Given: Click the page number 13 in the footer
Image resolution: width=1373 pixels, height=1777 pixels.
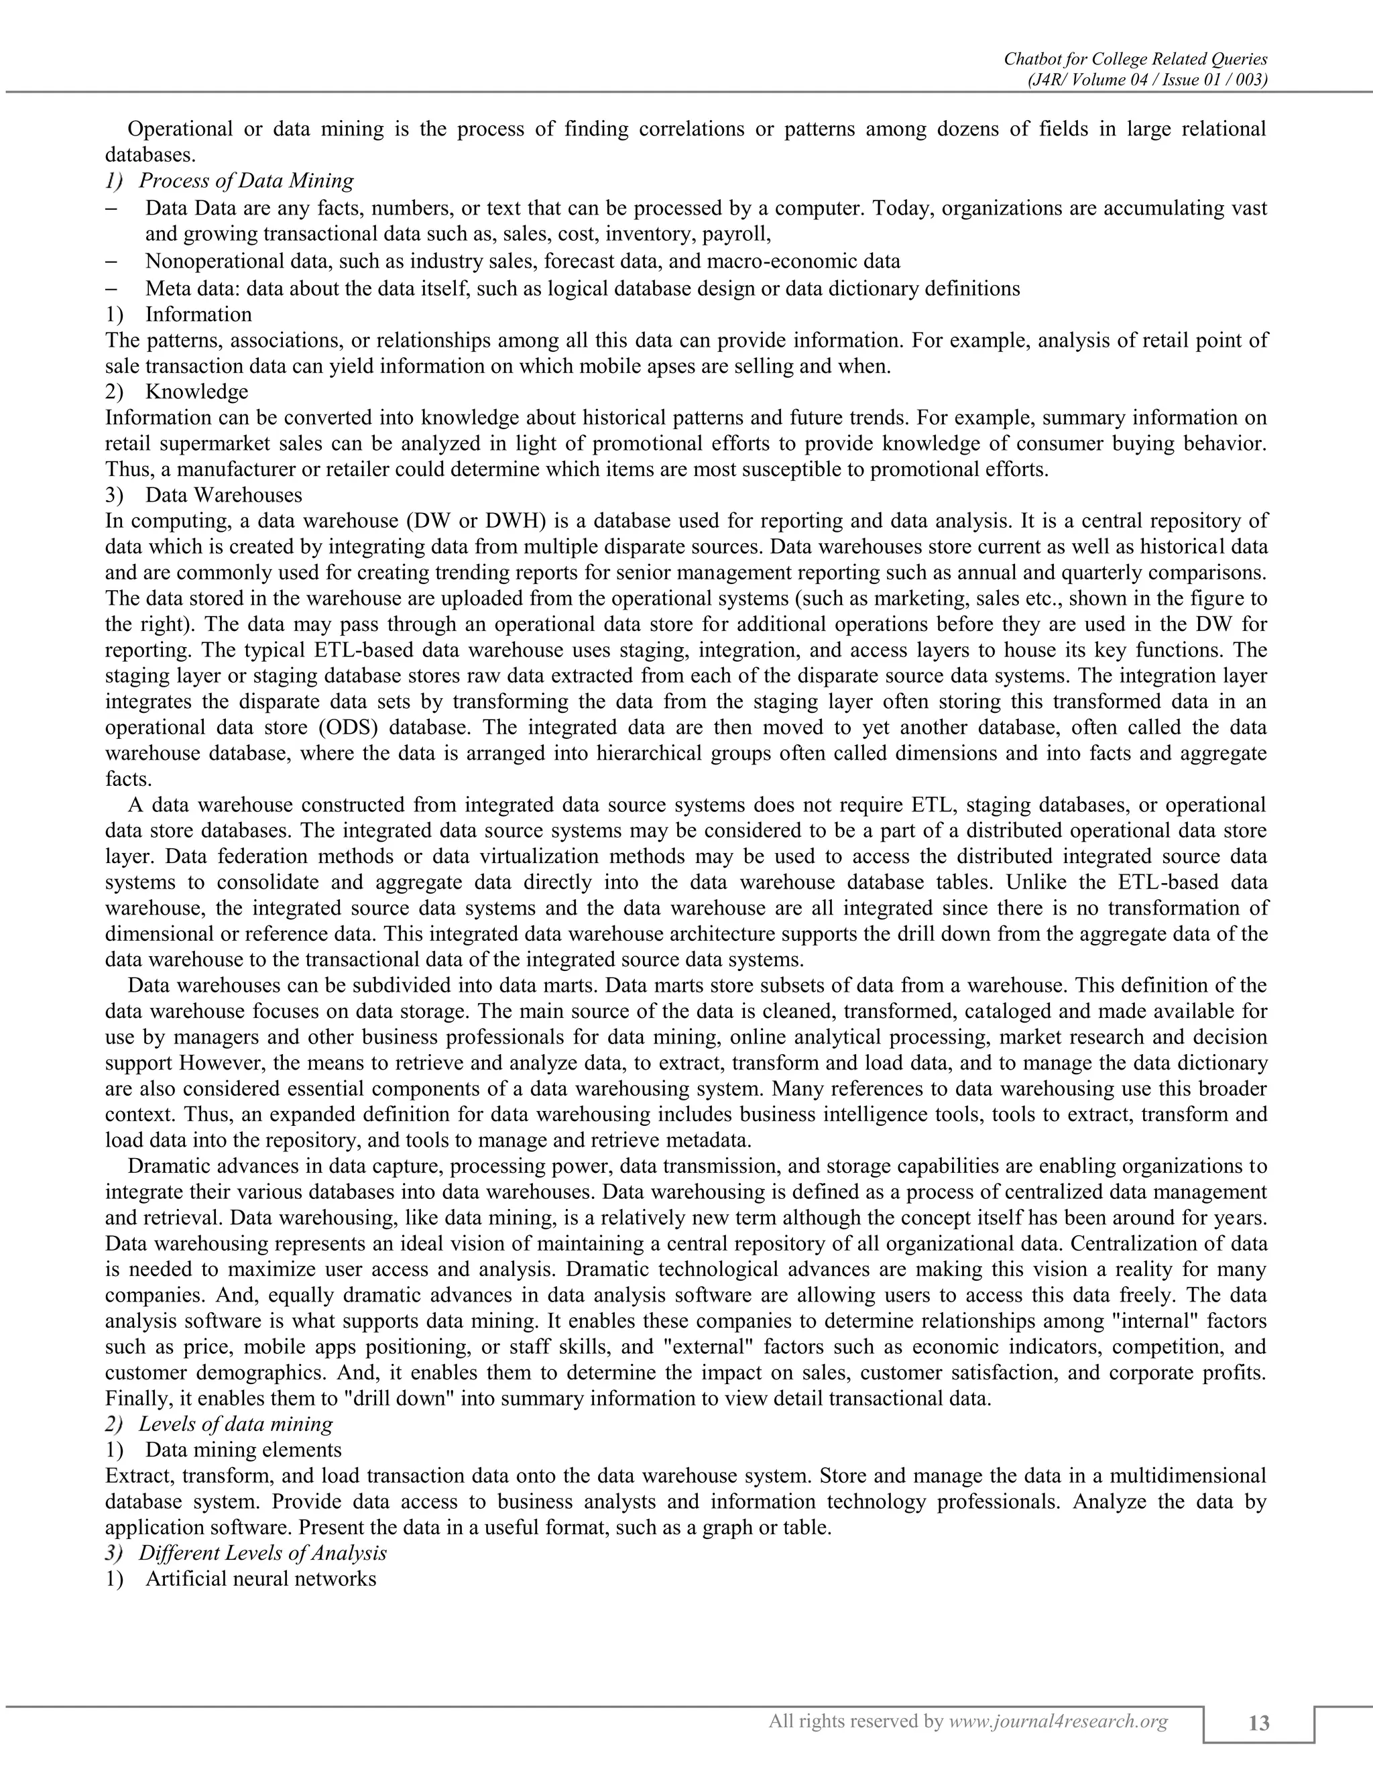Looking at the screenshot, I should (x=1258, y=1723).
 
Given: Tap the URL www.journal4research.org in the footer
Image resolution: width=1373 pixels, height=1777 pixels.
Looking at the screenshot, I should (x=1058, y=1721).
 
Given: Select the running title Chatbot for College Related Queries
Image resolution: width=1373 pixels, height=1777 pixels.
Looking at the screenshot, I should (x=1136, y=58).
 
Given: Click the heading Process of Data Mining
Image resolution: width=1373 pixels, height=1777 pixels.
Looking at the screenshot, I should (x=247, y=180).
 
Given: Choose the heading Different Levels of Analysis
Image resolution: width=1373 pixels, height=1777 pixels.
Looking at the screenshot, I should (x=263, y=1552).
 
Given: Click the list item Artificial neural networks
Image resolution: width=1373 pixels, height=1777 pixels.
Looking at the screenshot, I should (x=261, y=1579).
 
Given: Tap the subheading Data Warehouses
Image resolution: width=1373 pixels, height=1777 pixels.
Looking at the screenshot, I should (x=224, y=495).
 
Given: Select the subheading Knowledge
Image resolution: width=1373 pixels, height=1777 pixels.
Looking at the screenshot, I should (x=197, y=392).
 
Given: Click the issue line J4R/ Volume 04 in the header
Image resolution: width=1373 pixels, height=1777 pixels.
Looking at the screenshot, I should (x=1148, y=80).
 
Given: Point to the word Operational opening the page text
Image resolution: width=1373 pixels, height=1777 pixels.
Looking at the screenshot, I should (x=179, y=129).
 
